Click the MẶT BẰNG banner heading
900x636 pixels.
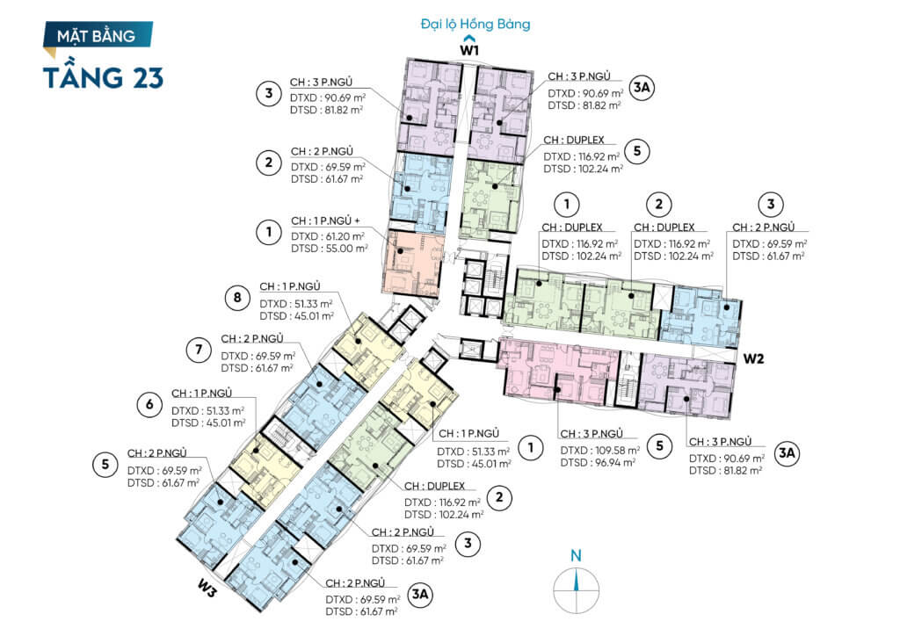point(97,36)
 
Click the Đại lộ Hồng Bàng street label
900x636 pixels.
point(475,24)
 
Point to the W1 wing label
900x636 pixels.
point(469,50)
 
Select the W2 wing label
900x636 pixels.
point(753,358)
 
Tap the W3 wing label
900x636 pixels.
point(207,589)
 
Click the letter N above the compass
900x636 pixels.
point(576,555)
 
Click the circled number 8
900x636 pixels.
point(237,298)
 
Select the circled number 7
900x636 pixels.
point(200,350)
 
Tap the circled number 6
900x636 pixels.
point(149,405)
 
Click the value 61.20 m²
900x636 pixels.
point(339,236)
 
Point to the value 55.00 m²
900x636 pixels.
point(341,249)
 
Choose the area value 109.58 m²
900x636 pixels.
point(614,450)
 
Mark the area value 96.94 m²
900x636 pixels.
point(612,462)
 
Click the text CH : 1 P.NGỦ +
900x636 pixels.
point(325,220)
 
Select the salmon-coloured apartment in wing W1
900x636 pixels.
point(412,264)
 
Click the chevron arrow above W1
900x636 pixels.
point(469,40)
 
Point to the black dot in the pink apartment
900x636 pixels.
point(556,390)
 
